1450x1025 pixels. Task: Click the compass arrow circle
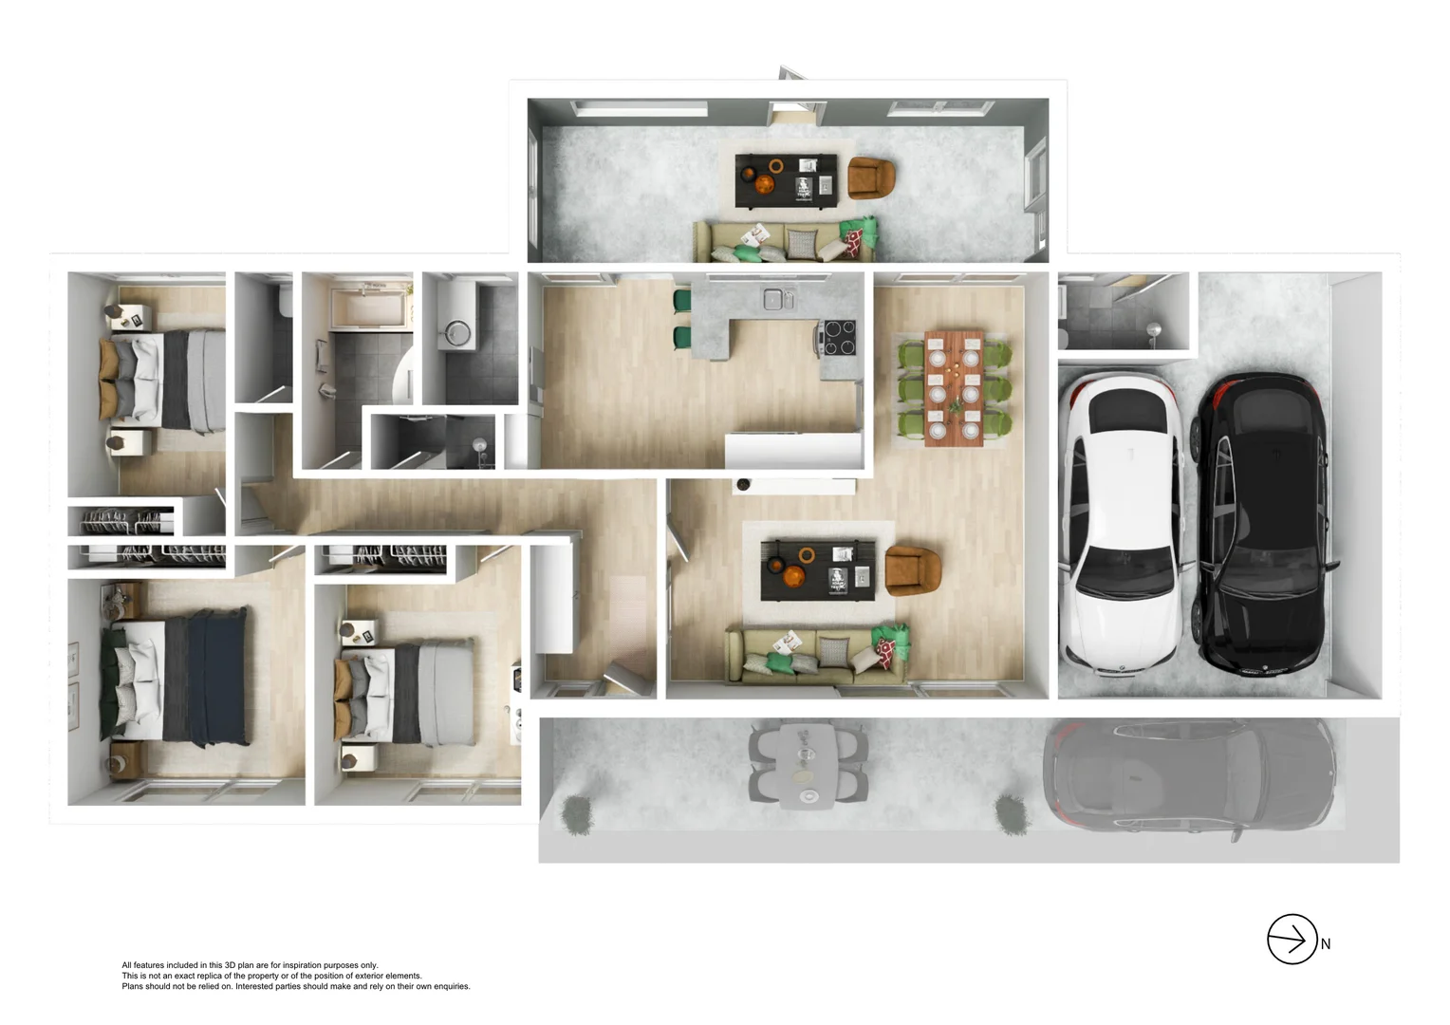point(1292,940)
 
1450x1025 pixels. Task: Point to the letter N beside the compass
point(1326,944)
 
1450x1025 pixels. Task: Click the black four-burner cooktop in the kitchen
point(838,338)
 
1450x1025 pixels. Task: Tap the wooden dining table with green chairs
point(954,387)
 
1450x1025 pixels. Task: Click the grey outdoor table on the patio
point(807,764)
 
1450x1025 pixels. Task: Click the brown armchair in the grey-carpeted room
point(870,177)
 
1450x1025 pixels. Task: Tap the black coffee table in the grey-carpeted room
point(786,180)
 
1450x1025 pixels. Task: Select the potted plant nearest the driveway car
point(1012,814)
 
